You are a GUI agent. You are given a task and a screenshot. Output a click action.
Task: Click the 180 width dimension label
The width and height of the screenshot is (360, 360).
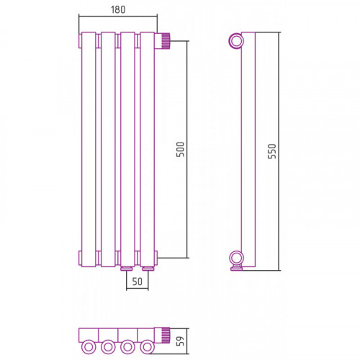(118, 9)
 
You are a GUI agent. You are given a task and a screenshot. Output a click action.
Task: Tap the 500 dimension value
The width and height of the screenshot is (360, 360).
(180, 149)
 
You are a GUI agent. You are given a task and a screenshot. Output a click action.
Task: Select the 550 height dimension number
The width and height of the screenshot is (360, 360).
(272, 151)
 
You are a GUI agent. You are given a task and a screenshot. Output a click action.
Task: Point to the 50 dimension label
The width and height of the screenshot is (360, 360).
(138, 282)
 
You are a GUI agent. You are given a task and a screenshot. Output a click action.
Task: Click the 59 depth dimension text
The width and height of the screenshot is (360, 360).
(180, 341)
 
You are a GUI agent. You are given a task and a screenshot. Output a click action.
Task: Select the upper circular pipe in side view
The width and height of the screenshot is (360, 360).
(236, 41)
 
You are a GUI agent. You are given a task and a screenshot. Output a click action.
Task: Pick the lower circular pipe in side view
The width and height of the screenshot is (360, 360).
(236, 258)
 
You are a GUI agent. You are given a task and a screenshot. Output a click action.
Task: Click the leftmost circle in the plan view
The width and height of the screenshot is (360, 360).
(89, 347)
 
